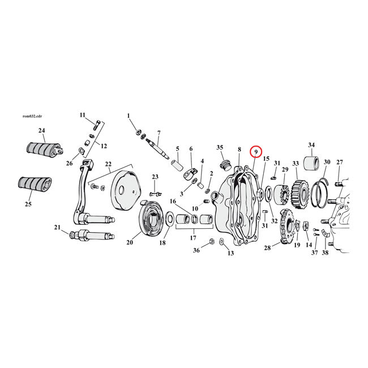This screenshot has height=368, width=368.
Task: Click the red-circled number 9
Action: click(x=256, y=152)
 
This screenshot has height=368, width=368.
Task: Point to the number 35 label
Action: click(x=220, y=148)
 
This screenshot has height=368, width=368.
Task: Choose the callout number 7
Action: click(x=159, y=133)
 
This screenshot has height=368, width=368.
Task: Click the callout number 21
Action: click(x=57, y=228)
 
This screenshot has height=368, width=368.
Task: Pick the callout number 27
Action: click(x=340, y=162)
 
